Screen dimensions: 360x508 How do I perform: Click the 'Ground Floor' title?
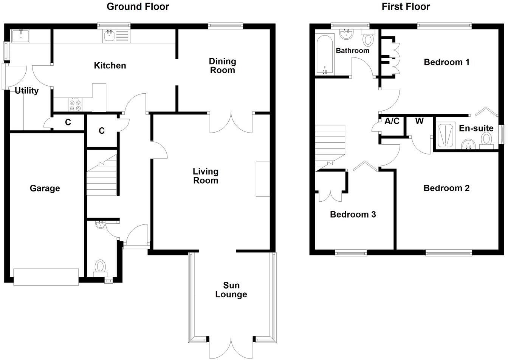click(x=138, y=6)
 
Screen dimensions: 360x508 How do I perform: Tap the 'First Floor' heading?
click(x=406, y=6)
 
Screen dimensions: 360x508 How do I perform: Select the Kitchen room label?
click(x=110, y=65)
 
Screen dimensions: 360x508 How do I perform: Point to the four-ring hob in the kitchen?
click(x=74, y=104)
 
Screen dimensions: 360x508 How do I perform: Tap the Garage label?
click(x=45, y=188)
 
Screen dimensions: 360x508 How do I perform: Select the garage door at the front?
click(x=46, y=277)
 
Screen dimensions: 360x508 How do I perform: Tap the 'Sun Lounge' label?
click(x=231, y=290)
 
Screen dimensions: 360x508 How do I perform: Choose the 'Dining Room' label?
click(x=222, y=65)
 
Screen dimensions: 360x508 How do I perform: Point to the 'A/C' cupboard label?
click(x=392, y=121)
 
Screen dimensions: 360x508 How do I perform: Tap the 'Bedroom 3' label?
click(x=353, y=215)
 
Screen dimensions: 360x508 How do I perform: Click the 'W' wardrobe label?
click(x=419, y=121)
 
